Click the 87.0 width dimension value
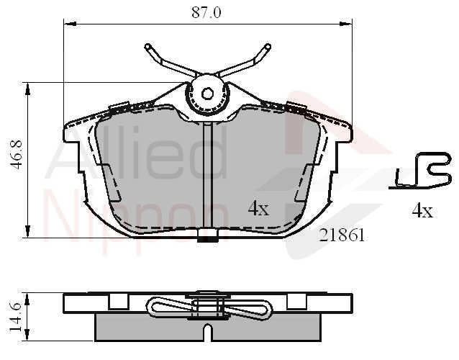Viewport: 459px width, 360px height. coord(206,12)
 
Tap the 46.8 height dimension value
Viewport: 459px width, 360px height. coord(17,155)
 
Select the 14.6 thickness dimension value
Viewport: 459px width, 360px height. coord(17,318)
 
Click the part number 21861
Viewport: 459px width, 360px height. coord(342,235)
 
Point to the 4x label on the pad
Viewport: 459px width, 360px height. coord(258,209)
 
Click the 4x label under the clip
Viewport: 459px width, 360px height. coord(422,211)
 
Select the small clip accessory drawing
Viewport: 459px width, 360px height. coord(420,171)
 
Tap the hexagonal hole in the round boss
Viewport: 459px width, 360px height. coord(207,94)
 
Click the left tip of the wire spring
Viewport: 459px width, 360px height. coord(147,47)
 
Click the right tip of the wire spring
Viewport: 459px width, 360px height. coord(268,46)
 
